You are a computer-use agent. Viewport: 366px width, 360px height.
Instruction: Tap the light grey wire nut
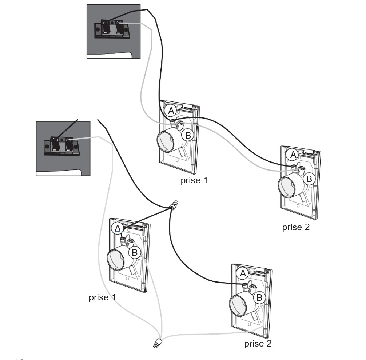[158, 343]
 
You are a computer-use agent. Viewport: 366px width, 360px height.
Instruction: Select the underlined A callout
[118, 228]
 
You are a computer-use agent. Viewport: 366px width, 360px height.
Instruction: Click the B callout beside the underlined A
[135, 252]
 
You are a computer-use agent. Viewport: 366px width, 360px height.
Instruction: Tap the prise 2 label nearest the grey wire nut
[258, 343]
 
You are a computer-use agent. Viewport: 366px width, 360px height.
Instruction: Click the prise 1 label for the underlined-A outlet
[102, 297]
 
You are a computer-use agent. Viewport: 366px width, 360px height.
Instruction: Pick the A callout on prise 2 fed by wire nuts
[243, 273]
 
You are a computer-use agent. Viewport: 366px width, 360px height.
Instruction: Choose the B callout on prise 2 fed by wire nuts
[259, 298]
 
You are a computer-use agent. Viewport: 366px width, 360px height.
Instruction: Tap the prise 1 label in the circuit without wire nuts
[194, 180]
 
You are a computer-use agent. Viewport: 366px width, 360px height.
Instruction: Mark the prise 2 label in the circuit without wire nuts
[296, 228]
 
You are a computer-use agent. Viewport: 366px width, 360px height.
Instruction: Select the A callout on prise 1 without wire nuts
[171, 111]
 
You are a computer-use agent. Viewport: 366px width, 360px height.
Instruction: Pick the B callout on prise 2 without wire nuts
[309, 179]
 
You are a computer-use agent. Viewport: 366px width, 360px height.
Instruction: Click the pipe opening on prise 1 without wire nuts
[166, 141]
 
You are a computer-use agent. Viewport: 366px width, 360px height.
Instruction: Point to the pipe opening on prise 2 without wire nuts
[287, 187]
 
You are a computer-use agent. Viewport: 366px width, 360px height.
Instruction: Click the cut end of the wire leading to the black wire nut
[98, 119]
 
